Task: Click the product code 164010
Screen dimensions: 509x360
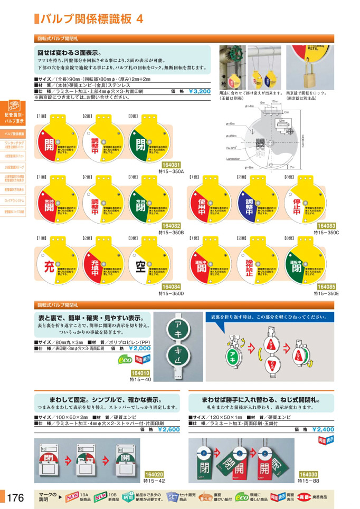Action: pyautogui.click(x=140, y=373)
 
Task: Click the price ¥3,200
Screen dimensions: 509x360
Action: pyautogui.click(x=199, y=91)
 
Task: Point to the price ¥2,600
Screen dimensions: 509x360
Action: pyautogui.click(x=168, y=430)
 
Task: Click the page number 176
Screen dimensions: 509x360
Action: pyautogui.click(x=16, y=497)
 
